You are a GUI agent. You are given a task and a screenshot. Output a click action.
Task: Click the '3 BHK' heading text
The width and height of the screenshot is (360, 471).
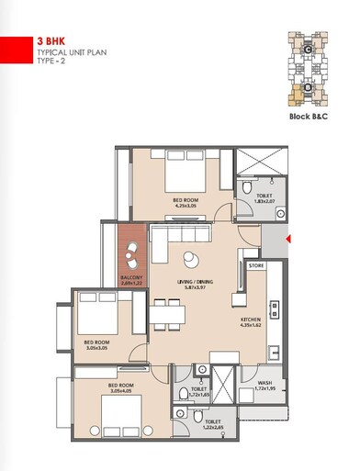tap(52, 41)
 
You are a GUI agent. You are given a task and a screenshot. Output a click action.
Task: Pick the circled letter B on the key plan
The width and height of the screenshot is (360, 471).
tap(306, 90)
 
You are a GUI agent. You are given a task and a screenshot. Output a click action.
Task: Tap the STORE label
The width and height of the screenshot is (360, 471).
tap(257, 266)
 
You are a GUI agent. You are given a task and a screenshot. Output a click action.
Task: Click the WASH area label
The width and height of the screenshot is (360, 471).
tap(264, 383)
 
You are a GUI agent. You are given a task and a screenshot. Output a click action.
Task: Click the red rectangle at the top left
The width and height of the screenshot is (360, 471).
tap(13, 48)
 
